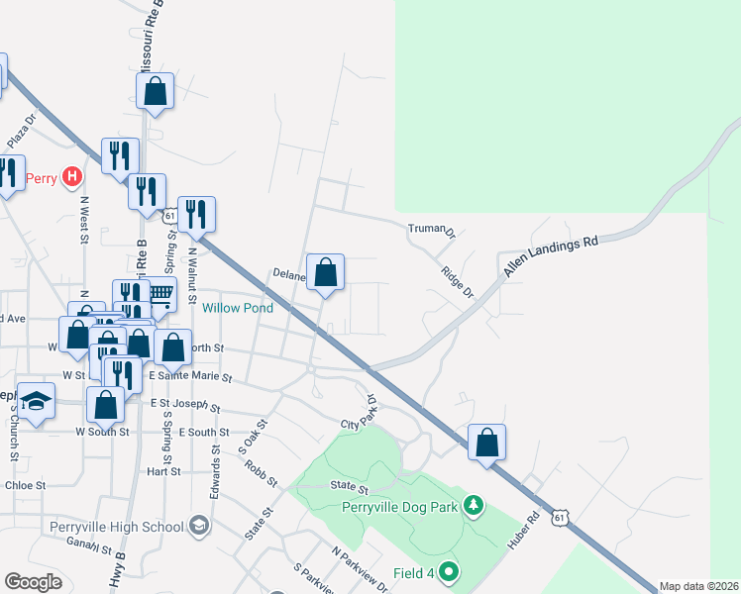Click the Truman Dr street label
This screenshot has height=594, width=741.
[x=431, y=231]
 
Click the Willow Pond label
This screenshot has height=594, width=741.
[x=238, y=308]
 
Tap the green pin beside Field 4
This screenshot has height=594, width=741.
[x=449, y=571]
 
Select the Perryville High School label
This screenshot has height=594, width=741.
[x=116, y=527]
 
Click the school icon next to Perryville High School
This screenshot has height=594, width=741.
[x=198, y=526]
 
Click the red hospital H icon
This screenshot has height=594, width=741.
[x=71, y=178]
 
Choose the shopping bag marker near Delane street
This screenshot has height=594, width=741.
[x=325, y=271]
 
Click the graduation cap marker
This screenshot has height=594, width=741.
[x=36, y=401]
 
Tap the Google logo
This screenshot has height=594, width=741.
[x=33, y=582]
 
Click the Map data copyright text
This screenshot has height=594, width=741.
[x=698, y=586]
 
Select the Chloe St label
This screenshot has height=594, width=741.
[x=26, y=486]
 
